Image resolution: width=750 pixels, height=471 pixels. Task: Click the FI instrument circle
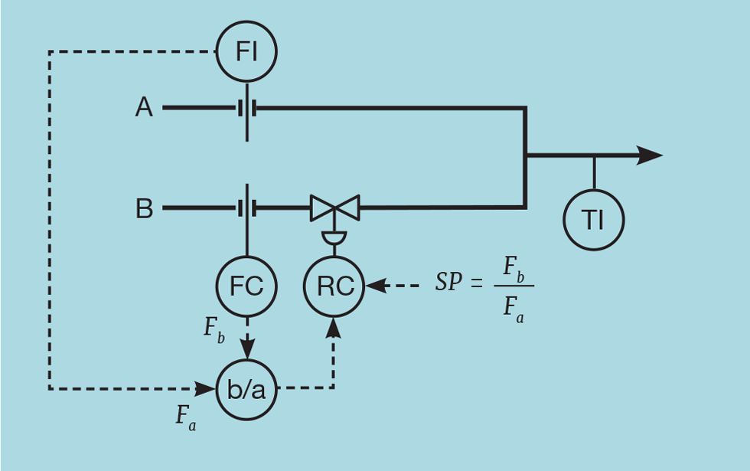click(246, 52)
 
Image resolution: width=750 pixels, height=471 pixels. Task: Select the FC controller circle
click(246, 286)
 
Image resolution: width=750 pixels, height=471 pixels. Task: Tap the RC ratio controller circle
click(334, 286)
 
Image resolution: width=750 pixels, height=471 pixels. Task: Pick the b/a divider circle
click(246, 390)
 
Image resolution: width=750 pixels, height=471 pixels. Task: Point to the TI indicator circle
click(594, 221)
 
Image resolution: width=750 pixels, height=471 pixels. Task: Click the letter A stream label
click(144, 108)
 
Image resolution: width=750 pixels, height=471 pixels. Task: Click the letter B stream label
click(144, 208)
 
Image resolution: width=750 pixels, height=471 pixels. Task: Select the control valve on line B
click(334, 208)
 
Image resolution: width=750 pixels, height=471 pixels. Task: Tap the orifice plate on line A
click(246, 108)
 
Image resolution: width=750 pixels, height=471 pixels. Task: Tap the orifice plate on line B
click(246, 208)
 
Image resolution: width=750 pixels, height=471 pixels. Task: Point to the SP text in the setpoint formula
click(448, 283)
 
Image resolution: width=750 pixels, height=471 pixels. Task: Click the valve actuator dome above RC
click(334, 239)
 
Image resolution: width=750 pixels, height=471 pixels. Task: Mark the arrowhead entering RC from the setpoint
click(375, 286)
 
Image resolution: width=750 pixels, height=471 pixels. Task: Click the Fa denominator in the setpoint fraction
click(513, 309)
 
